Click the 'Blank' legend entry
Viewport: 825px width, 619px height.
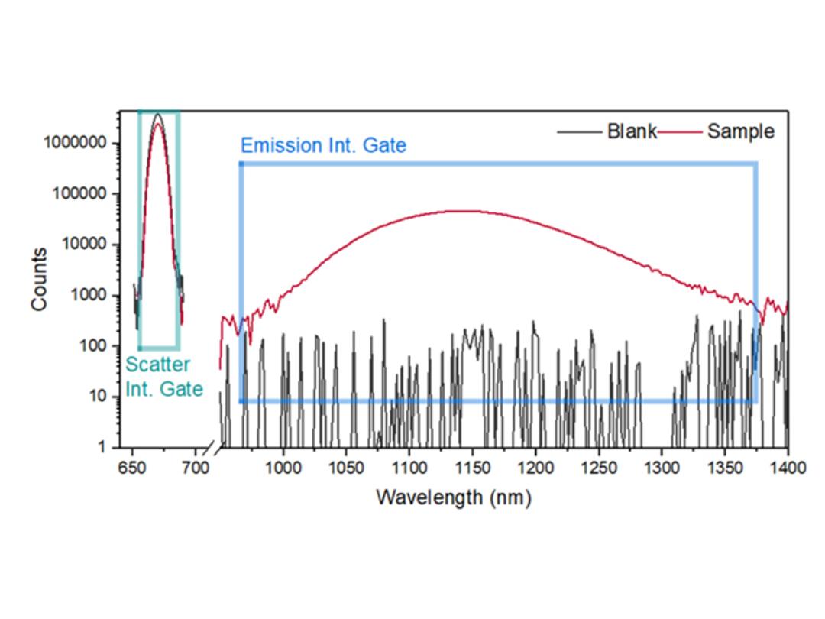[x=632, y=131]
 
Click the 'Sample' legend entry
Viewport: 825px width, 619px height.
[x=740, y=131]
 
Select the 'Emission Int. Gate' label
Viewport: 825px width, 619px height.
[x=323, y=145]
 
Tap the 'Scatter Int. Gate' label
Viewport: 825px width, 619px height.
[x=163, y=377]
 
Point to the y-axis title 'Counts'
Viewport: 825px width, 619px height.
[x=39, y=279]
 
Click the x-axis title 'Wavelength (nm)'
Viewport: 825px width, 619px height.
[x=453, y=497]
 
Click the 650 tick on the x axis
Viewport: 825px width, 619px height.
[x=132, y=467]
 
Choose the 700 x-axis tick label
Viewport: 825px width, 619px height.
[x=196, y=467]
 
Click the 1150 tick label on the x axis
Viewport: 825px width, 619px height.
[x=472, y=467]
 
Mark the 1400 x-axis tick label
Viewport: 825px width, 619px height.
[x=787, y=467]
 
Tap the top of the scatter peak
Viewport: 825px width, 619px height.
[x=157, y=115]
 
